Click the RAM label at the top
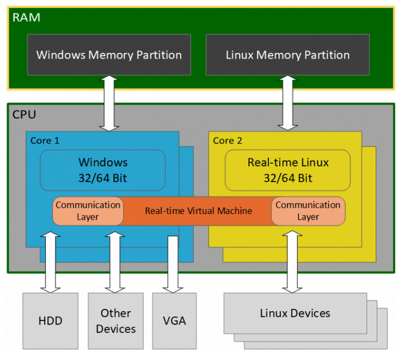pos(26,17)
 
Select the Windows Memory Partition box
pos(108,55)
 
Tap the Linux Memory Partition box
pos(288,55)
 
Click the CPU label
pos(25,115)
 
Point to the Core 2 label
pos(227,140)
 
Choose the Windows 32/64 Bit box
pos(103,169)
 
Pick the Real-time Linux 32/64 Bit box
pos(288,169)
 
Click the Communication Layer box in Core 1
pos(88,211)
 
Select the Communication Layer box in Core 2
pos(308,211)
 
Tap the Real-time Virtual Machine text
pos(198,211)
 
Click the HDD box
pos(50,321)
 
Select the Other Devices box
pos(116,321)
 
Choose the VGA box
pos(174,321)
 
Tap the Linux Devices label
pos(294,313)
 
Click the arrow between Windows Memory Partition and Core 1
pos(108,103)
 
